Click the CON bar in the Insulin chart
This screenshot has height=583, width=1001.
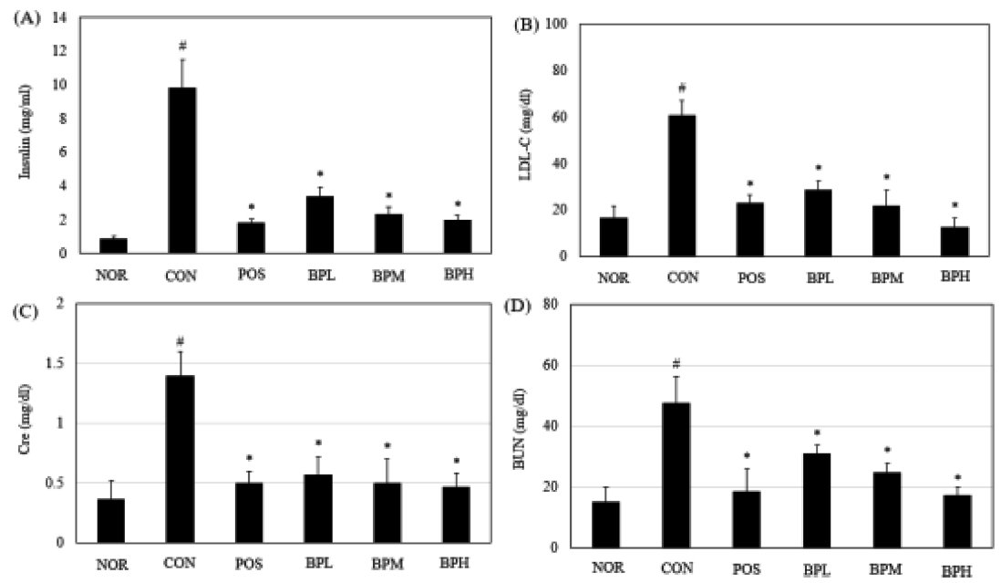point(181,171)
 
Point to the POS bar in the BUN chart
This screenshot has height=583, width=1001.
point(745,519)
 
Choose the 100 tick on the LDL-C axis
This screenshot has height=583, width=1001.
point(555,25)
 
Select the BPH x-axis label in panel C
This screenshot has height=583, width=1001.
point(456,563)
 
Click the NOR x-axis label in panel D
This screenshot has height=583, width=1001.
point(604,567)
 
